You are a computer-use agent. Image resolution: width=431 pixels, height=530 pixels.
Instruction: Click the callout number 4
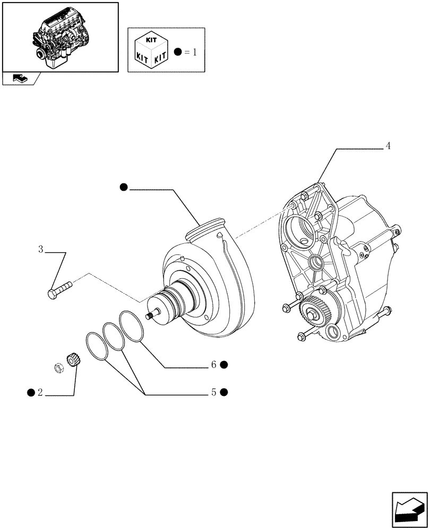(x=388, y=146)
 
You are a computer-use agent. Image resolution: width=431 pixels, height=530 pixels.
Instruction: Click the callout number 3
(x=40, y=249)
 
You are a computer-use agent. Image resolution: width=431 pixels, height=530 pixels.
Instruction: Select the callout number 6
(x=213, y=365)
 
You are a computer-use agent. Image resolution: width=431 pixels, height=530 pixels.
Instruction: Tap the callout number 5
(x=213, y=393)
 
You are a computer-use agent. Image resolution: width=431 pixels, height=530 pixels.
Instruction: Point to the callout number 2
(x=40, y=393)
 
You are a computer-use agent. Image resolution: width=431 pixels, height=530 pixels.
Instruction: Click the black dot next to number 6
(x=224, y=365)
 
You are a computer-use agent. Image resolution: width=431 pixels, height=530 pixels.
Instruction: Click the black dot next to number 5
(x=224, y=393)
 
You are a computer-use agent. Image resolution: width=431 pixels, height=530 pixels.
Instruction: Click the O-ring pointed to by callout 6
(x=131, y=326)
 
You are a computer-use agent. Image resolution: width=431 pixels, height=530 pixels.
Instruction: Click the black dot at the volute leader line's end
(x=124, y=187)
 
